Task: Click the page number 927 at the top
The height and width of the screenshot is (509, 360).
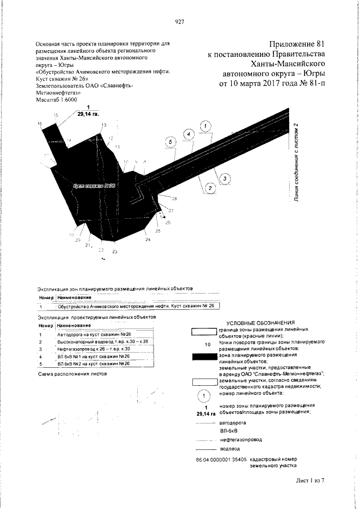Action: [180, 22]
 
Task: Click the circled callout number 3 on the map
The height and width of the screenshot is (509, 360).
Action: [225, 178]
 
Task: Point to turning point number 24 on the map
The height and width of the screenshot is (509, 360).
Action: [148, 240]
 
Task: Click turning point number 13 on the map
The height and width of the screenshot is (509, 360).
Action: [103, 125]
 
